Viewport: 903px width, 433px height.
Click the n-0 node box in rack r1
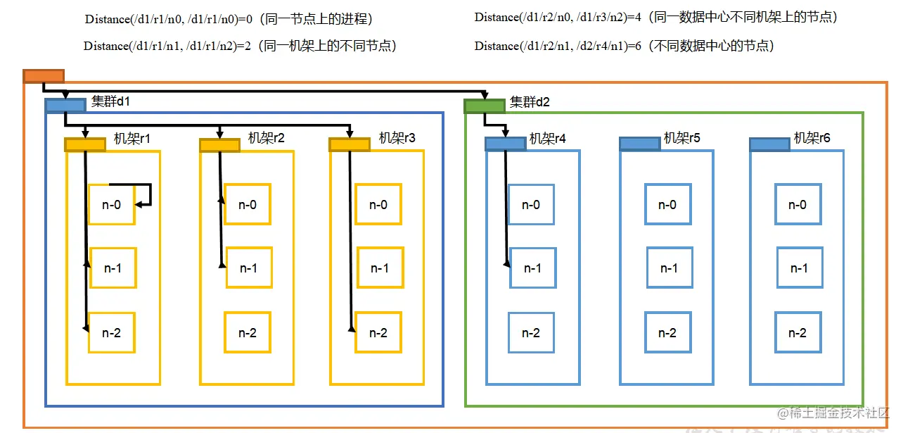[112, 205]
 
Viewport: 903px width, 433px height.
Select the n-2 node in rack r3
[378, 333]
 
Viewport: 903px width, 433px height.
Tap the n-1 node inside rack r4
[532, 268]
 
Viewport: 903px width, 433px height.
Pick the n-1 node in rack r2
[248, 268]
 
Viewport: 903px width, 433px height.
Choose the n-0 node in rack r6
[798, 205]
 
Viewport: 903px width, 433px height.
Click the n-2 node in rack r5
[667, 333]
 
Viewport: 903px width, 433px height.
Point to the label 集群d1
[111, 101]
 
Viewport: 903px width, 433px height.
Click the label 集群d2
[530, 102]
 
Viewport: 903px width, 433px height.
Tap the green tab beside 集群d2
[485, 106]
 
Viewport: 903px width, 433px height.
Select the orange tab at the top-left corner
[44, 76]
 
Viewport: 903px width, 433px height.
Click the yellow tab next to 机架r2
[219, 145]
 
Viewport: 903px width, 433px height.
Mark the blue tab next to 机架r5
[639, 144]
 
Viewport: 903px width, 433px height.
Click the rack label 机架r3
[397, 138]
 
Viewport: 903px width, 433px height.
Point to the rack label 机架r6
[812, 138]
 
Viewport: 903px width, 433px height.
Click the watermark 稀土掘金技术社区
[838, 413]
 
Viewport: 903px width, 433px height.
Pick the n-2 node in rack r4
[531, 333]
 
